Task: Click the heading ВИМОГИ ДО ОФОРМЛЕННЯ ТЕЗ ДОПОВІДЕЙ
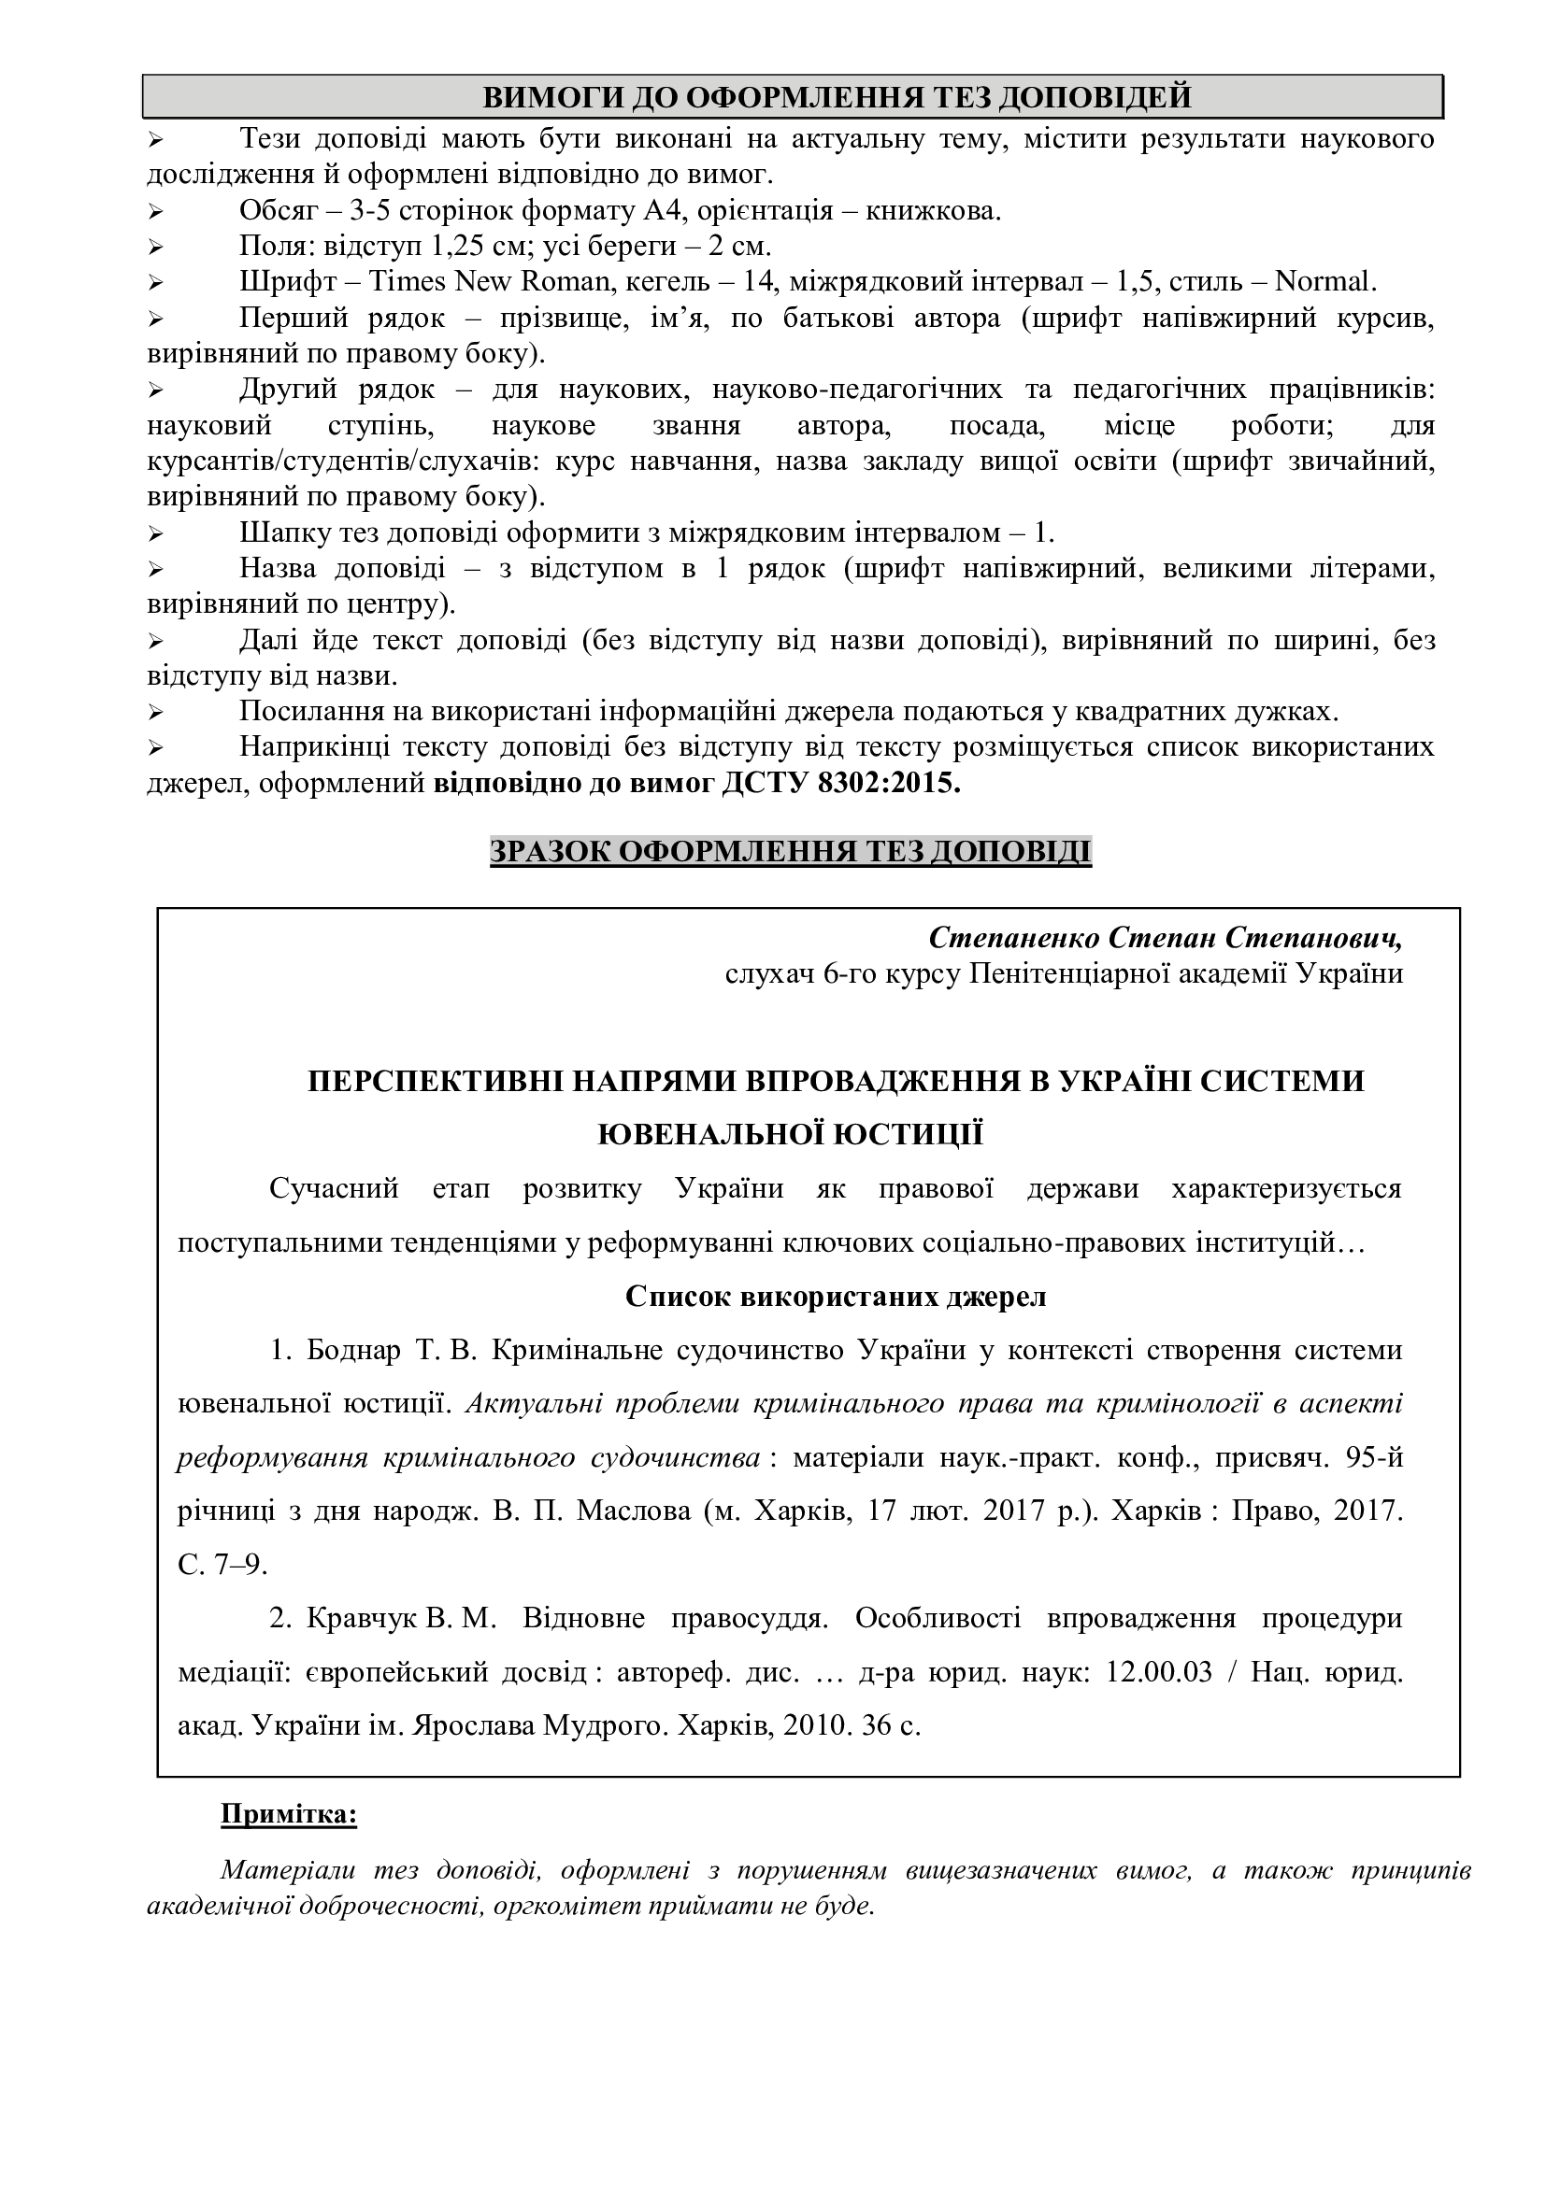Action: click(x=792, y=97)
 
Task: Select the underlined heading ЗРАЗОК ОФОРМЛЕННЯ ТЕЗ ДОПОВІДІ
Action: click(x=790, y=851)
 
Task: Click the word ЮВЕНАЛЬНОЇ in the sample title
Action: click(x=702, y=1134)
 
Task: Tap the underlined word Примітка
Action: click(x=289, y=1814)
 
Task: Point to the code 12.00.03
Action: click(x=1158, y=1672)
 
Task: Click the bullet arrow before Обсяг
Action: click(x=157, y=211)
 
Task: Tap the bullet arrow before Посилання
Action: click(x=157, y=712)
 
